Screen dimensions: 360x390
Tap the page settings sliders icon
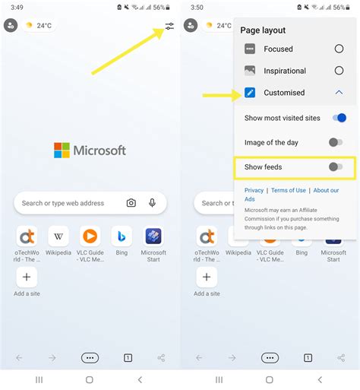click(169, 26)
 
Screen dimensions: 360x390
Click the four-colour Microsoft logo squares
click(62, 151)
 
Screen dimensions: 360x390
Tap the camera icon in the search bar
click(131, 203)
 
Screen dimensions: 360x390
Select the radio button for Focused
click(339, 49)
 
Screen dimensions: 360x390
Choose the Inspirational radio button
click(339, 71)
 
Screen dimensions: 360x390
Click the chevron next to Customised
click(339, 93)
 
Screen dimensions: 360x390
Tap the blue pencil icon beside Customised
click(250, 93)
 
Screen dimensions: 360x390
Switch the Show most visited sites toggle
click(339, 118)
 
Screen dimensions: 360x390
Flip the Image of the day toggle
click(336, 142)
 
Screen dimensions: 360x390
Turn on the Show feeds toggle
click(336, 166)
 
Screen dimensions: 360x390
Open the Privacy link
click(254, 190)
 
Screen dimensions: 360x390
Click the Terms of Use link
click(289, 190)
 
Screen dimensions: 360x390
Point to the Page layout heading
click(263, 30)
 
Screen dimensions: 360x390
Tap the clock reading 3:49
click(17, 8)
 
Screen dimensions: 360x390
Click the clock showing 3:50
click(197, 8)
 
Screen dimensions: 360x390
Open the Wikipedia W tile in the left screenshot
click(58, 236)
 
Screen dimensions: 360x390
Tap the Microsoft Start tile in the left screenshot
click(153, 236)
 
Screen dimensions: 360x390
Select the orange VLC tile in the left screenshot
click(90, 236)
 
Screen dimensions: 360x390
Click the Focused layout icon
click(250, 49)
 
